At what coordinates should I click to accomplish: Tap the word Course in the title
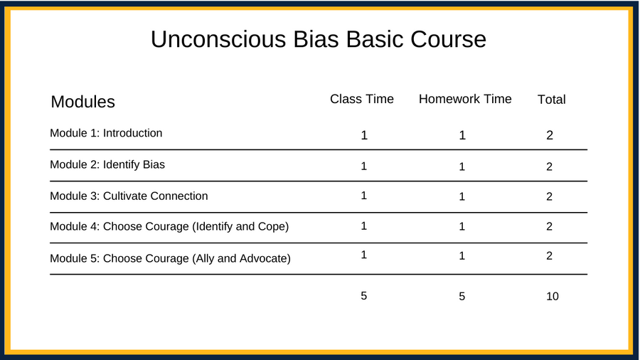point(448,39)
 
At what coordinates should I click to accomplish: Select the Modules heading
point(83,102)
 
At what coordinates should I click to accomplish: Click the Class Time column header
point(362,99)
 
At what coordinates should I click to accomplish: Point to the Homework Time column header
point(465,99)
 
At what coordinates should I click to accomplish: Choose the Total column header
point(551,99)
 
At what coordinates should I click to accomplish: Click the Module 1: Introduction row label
point(106,133)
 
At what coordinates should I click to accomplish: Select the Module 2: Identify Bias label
point(107,164)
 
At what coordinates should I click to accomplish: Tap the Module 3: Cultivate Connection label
point(129,196)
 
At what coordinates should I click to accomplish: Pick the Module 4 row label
point(169,226)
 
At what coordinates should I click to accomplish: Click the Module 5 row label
point(170,258)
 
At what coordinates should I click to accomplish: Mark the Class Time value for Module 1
point(364,135)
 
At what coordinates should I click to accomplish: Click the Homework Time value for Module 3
point(462,197)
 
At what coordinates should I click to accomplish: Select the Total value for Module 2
point(550,166)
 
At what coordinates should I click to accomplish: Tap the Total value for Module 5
point(550,255)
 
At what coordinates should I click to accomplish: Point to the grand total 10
point(553,297)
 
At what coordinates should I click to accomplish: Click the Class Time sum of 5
point(363,296)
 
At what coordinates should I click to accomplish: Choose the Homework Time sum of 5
point(462,297)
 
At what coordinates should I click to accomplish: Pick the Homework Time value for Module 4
point(462,226)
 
